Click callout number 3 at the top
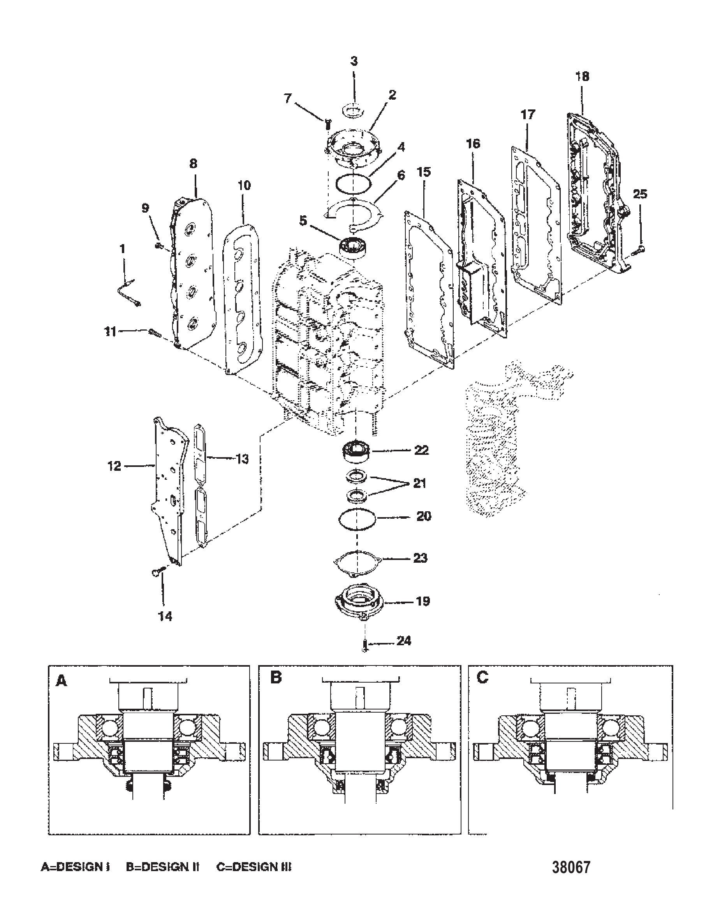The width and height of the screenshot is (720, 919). (354, 62)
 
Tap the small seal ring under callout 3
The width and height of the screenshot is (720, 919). (354, 111)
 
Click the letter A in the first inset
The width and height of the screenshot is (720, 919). (62, 681)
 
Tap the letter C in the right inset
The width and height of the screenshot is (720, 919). (483, 678)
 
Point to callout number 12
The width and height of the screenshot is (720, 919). (114, 466)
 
